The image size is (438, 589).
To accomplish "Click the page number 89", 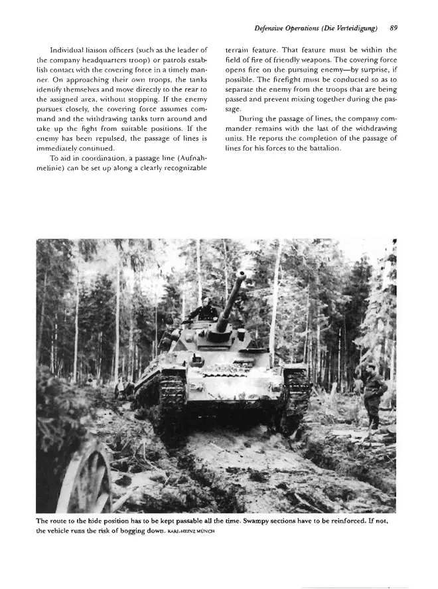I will click(x=394, y=28).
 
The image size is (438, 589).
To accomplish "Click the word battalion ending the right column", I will click(x=321, y=167).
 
